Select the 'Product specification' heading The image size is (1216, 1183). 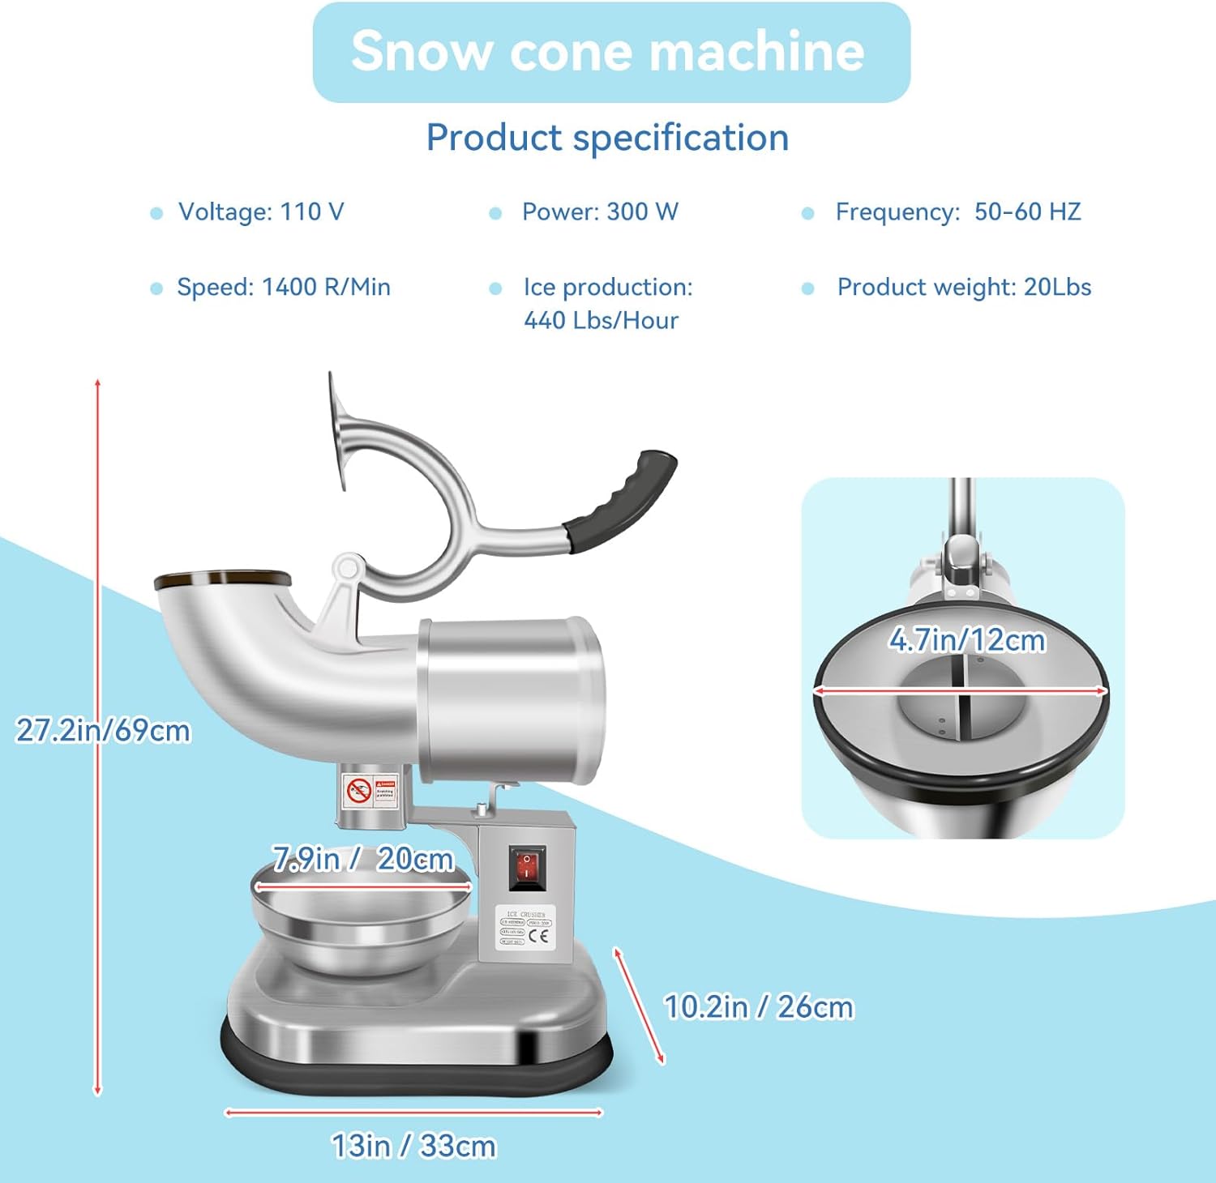(607, 138)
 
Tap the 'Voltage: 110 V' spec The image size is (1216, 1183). (261, 212)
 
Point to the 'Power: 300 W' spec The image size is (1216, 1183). (600, 212)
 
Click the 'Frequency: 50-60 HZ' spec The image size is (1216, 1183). (958, 212)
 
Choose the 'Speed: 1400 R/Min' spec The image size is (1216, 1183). (284, 288)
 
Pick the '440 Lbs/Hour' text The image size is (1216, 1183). (601, 321)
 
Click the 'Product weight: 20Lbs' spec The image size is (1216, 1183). (964, 288)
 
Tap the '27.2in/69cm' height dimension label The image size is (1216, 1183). (104, 731)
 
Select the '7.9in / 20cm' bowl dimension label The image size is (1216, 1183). (363, 859)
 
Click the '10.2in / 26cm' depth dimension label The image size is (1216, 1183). (759, 1007)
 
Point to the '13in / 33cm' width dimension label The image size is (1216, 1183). (413, 1147)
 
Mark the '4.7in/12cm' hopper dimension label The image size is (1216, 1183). (967, 640)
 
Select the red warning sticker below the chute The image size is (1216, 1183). (370, 790)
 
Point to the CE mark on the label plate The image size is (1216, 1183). (539, 936)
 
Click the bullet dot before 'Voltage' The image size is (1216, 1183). (156, 213)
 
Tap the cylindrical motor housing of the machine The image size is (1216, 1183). (512, 701)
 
